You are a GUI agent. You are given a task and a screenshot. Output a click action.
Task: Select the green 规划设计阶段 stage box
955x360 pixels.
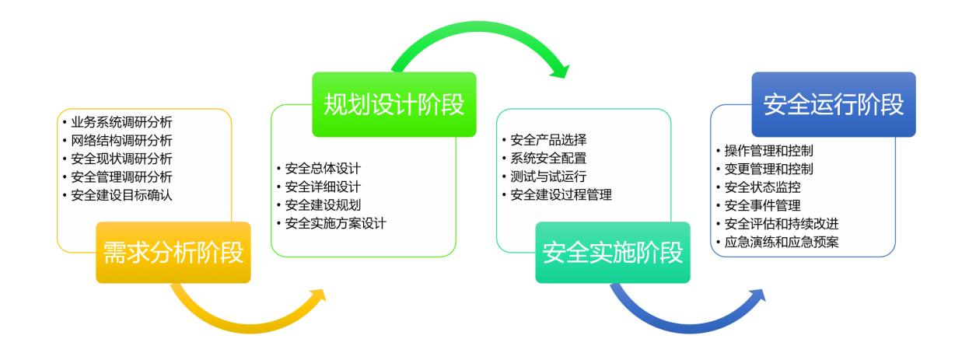tap(394, 104)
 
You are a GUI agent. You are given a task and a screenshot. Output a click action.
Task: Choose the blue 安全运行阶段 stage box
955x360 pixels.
tap(833, 104)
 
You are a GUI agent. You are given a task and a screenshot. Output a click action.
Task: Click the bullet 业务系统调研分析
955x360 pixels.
tap(121, 122)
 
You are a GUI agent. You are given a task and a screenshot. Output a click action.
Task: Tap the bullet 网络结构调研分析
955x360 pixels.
tap(121, 141)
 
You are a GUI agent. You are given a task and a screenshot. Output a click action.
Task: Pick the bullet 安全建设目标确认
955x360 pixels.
tap(121, 195)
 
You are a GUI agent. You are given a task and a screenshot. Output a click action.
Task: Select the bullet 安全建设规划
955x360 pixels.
tap(323, 205)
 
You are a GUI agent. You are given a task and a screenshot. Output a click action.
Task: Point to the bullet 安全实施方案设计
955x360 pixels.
tap(335, 224)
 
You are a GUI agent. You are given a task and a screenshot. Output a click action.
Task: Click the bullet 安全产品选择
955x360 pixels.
tap(548, 140)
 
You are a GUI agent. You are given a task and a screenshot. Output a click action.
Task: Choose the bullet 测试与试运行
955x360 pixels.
tap(548, 177)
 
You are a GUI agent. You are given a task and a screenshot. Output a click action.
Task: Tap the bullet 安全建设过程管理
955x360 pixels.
tap(561, 195)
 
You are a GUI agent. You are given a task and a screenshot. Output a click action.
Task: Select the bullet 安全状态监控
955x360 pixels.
tap(762, 187)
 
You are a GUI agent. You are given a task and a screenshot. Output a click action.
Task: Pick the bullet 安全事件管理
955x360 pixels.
tap(762, 206)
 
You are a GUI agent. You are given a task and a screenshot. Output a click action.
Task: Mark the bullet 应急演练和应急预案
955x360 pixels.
tap(781, 243)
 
